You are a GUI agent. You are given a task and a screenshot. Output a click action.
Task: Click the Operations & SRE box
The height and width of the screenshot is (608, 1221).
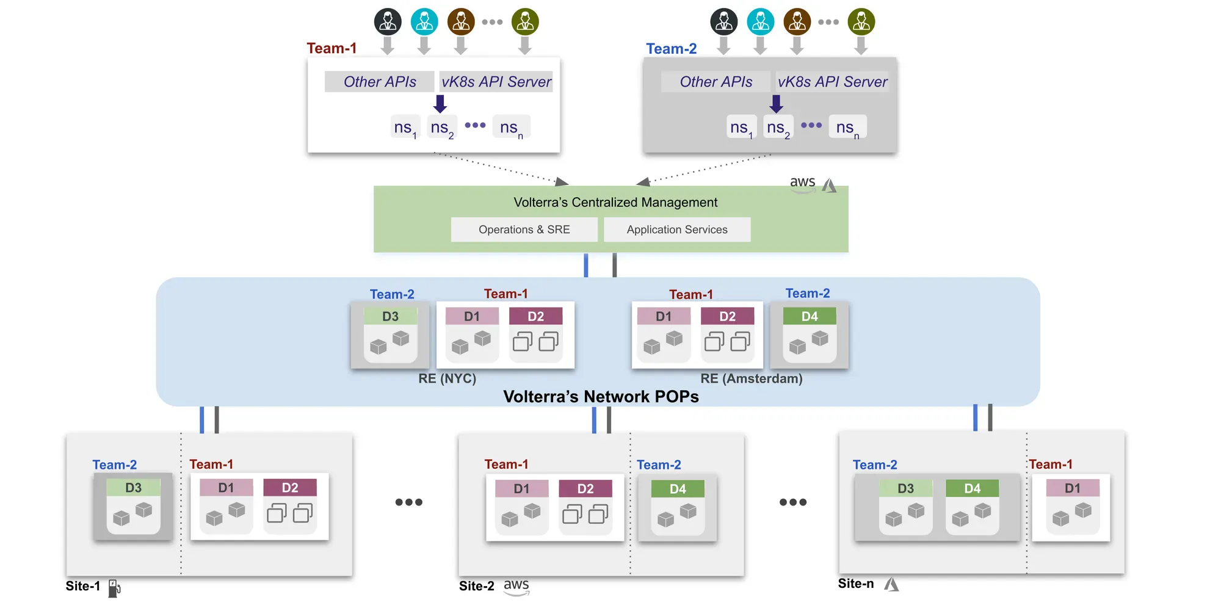point(524,230)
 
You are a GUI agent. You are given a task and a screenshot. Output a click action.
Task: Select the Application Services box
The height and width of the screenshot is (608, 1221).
point(677,230)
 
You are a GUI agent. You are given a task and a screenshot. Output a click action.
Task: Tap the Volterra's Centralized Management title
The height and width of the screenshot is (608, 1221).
point(615,202)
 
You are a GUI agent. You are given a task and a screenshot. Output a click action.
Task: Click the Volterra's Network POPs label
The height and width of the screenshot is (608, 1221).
point(601,397)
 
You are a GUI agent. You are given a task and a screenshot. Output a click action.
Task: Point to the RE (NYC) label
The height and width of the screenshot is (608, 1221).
point(447,378)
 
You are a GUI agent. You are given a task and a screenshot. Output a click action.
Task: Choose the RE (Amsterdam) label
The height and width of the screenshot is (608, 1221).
point(752,378)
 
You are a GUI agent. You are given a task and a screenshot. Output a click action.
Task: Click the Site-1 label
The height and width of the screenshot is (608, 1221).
point(83,586)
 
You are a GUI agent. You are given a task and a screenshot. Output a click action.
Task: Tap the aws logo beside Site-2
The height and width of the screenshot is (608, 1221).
point(516,587)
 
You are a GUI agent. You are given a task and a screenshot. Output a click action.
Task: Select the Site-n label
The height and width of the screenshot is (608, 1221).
point(856,584)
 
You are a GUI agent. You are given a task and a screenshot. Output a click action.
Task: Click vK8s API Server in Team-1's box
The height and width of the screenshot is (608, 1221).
point(496,82)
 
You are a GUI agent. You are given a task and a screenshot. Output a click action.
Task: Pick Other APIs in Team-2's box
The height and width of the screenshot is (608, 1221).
point(716,82)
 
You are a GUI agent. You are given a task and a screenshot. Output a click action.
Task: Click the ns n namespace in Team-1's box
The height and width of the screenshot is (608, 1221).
point(512,128)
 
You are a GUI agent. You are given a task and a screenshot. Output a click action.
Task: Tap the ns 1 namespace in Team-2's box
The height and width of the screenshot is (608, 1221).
point(742,128)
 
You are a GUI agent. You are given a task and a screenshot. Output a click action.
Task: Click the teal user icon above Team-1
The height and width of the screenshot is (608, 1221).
point(424,21)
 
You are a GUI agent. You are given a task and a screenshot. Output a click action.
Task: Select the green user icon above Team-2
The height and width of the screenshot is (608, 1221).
point(861,21)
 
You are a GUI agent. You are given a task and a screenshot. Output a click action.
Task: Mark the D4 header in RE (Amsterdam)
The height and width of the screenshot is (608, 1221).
point(810,316)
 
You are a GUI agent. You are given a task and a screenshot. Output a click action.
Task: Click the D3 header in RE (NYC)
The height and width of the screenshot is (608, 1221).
point(390,316)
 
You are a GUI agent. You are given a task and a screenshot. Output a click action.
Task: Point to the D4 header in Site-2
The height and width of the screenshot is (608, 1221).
point(678,488)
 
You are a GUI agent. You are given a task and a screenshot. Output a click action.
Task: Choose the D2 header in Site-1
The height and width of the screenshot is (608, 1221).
point(290,488)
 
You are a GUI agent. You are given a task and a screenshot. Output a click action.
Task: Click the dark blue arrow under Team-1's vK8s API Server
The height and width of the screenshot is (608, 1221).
point(440,104)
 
